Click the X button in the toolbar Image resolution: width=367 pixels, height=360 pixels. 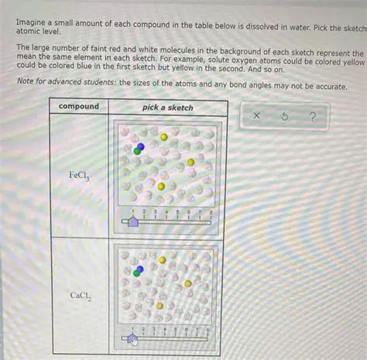[x=256, y=118]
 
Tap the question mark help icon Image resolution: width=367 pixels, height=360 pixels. [x=312, y=118]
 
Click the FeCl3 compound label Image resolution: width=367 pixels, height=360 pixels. [x=80, y=176]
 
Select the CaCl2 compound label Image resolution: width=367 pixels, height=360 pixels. [x=81, y=295]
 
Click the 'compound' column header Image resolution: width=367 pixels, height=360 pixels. [x=79, y=106]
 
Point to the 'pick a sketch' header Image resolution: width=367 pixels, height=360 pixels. [x=168, y=106]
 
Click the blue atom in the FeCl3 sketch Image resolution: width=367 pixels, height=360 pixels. [x=140, y=146]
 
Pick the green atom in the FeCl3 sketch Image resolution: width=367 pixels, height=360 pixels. [x=137, y=151]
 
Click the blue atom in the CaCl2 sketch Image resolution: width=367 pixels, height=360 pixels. [x=139, y=267]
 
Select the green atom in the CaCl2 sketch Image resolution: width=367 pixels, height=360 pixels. [x=136, y=273]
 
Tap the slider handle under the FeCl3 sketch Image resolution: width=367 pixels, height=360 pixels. [x=133, y=221]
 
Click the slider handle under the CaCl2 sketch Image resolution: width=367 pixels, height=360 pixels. [x=132, y=338]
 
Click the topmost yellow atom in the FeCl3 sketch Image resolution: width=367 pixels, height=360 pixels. [x=163, y=137]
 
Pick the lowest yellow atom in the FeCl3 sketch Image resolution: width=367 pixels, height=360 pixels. [x=161, y=186]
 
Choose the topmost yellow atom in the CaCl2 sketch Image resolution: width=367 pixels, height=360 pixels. [x=163, y=260]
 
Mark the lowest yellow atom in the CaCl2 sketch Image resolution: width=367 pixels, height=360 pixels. [x=160, y=306]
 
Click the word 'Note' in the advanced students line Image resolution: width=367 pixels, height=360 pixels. [x=26, y=87]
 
